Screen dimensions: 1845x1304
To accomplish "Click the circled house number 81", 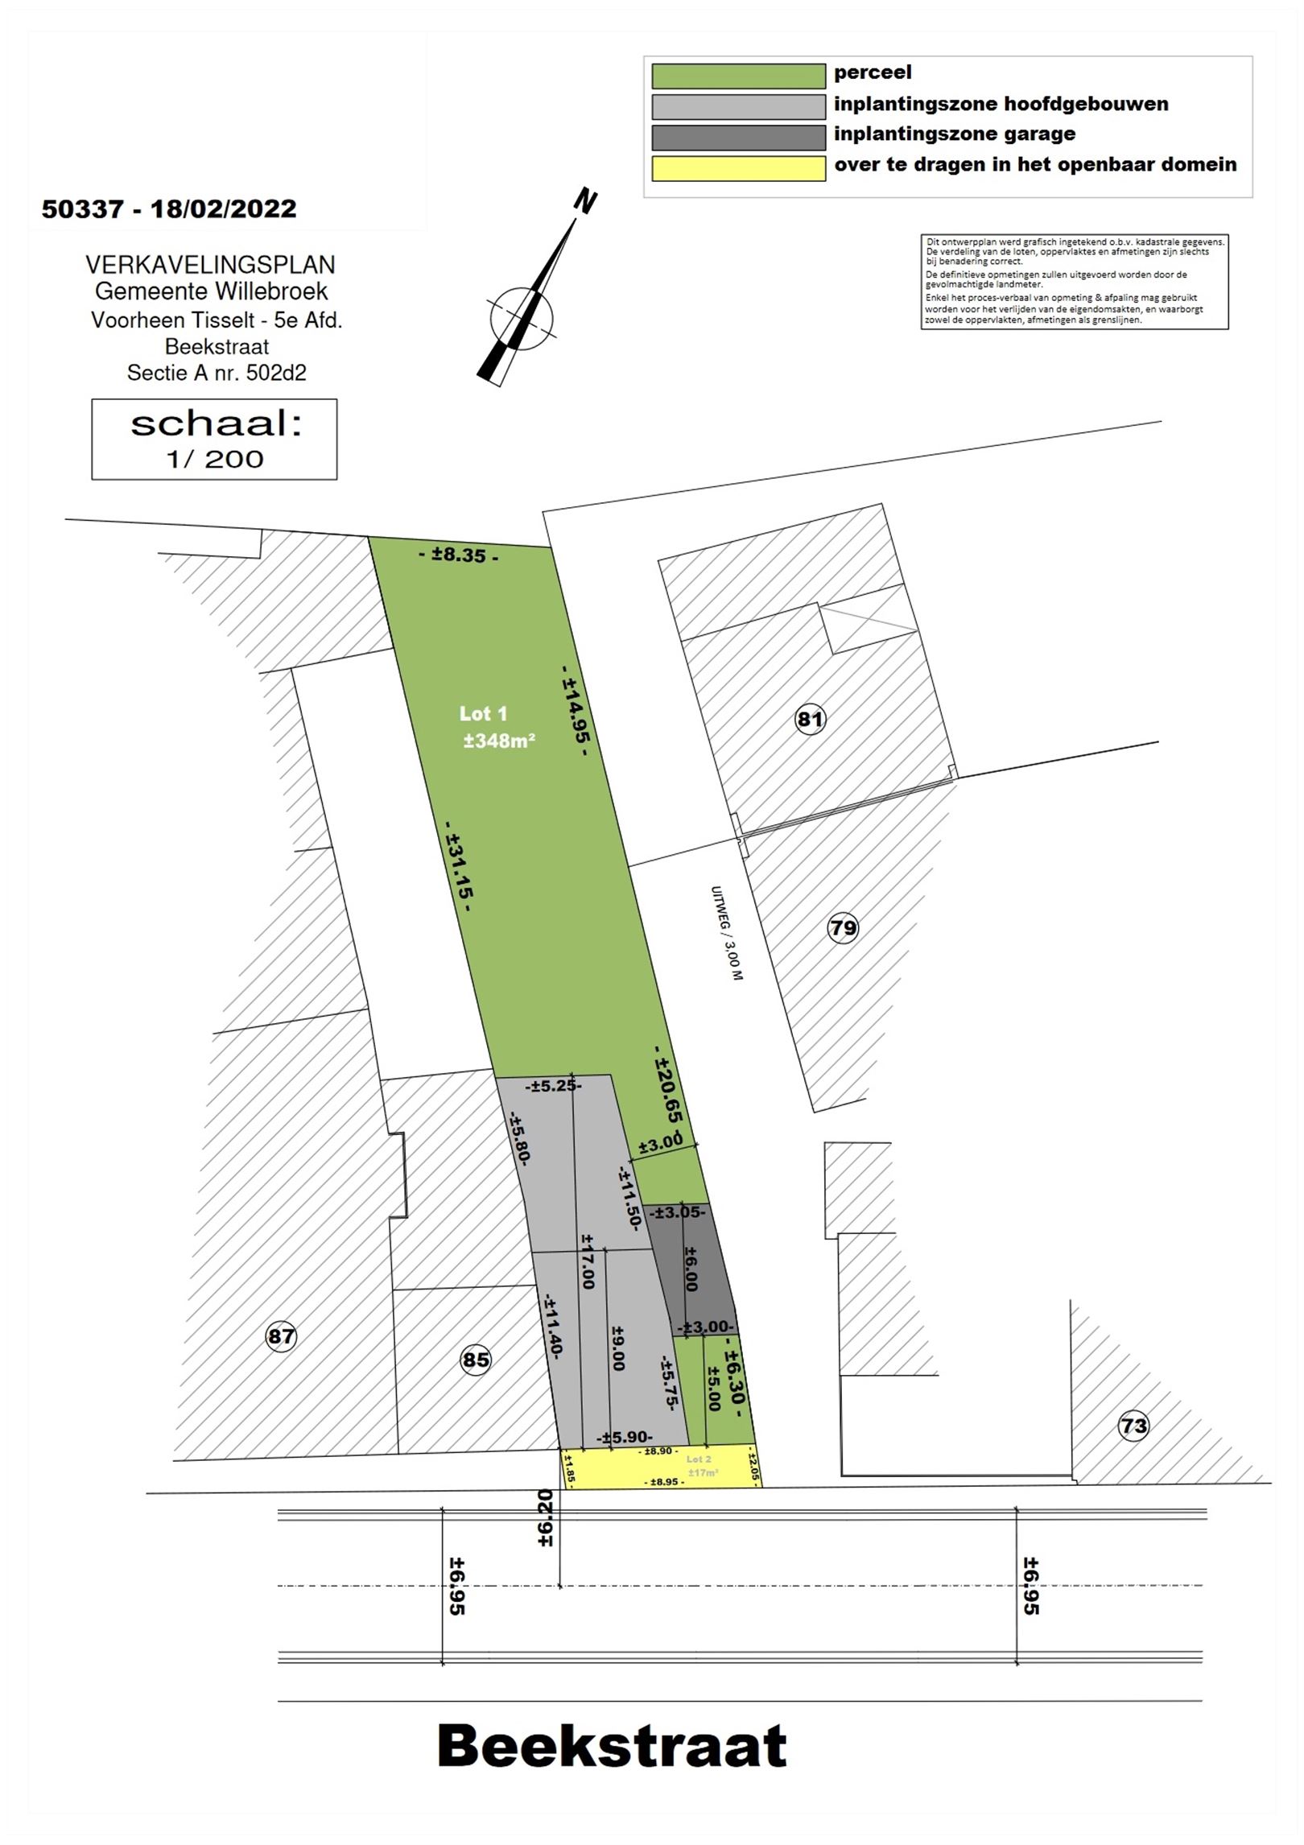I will tap(810, 718).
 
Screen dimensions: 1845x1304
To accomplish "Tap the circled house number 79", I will tap(843, 928).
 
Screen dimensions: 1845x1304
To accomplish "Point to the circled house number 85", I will tap(475, 1360).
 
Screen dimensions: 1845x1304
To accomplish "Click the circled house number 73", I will tap(1133, 1426).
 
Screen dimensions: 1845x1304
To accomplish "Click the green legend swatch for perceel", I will tap(738, 76).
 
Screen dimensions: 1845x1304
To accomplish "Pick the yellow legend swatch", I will tap(738, 168).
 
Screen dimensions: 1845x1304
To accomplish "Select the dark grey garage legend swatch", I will tap(738, 137).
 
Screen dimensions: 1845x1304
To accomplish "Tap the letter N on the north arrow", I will tap(585, 201).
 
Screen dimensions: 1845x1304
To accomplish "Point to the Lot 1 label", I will tap(483, 713).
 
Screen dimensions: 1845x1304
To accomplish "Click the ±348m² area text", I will tap(499, 741).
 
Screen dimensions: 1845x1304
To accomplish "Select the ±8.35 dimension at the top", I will tap(458, 555).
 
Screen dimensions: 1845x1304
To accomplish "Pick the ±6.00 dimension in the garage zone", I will tap(691, 1269).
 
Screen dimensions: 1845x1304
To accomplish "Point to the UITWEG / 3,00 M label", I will tap(727, 933).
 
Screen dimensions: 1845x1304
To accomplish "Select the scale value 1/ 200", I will tap(215, 459).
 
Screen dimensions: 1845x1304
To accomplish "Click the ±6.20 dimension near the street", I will tap(545, 1517).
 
